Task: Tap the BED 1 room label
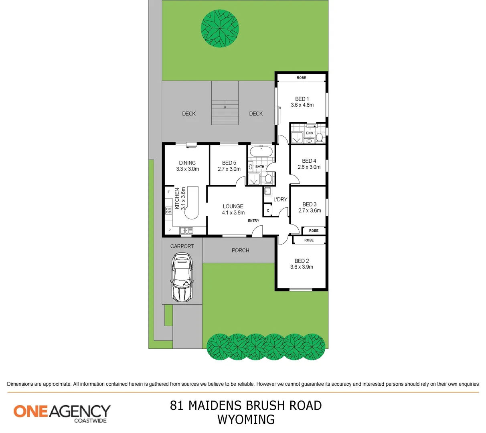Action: tap(302, 99)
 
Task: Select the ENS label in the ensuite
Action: tap(310, 133)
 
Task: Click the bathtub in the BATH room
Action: tap(261, 152)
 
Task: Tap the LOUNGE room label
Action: tap(233, 206)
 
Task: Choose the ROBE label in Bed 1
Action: tap(302, 78)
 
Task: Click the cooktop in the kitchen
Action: tap(169, 210)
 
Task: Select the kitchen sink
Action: tap(186, 231)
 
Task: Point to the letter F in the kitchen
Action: tap(169, 192)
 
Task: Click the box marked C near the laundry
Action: tap(268, 210)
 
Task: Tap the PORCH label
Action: tap(241, 250)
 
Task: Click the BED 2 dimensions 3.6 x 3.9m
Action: tap(302, 267)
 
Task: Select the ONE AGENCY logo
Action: tap(62, 413)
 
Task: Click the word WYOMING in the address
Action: tap(246, 419)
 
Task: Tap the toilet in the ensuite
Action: tap(320, 138)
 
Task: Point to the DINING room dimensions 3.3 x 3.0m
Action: tap(187, 169)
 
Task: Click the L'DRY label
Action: tap(280, 199)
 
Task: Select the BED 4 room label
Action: tap(309, 161)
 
